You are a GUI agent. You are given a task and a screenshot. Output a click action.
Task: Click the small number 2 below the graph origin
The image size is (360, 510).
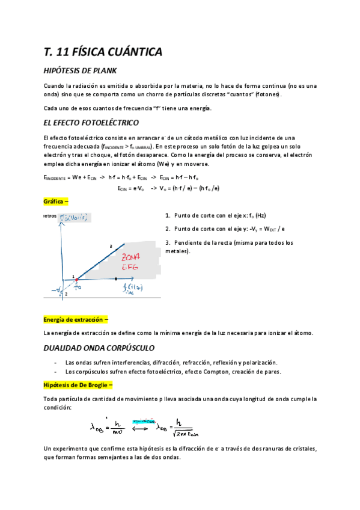pyautogui.click(x=66, y=294)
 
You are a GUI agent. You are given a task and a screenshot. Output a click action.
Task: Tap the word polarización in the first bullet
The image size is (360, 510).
pyautogui.click(x=260, y=362)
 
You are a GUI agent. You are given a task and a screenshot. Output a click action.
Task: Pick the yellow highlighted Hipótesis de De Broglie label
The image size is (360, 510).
pyautogui.click(x=78, y=385)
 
